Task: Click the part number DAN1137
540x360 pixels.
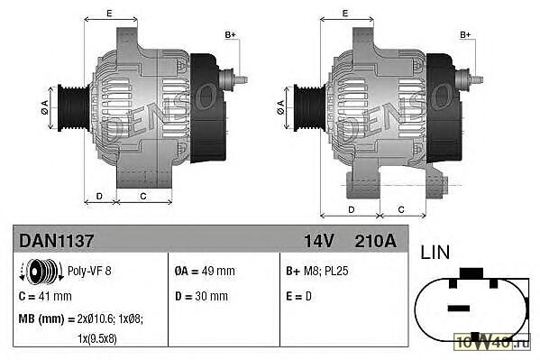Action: (57, 240)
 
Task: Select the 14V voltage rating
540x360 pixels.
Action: (318, 241)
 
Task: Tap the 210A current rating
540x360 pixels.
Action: (375, 241)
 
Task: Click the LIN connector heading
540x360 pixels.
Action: (435, 252)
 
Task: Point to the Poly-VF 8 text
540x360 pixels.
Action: (89, 271)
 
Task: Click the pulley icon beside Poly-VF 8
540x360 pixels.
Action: (41, 271)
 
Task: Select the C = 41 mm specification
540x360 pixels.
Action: (45, 296)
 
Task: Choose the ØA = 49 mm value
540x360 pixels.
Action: (205, 271)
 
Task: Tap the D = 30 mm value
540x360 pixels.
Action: (201, 296)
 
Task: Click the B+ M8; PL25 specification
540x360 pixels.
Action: (316, 271)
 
